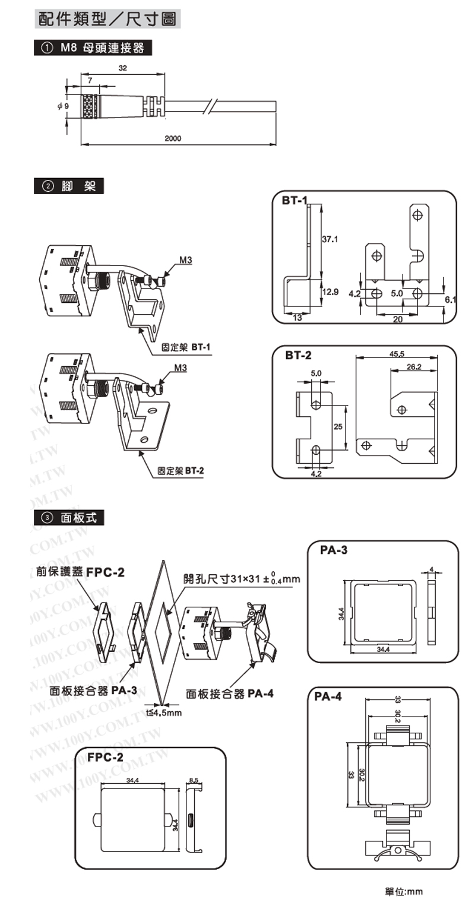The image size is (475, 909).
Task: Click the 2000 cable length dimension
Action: point(172,138)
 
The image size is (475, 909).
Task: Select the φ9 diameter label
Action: point(64,106)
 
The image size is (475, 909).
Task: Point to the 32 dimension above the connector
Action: point(123,69)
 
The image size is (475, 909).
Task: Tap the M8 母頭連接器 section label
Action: point(94,48)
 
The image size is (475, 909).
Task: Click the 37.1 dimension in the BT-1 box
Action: point(330,240)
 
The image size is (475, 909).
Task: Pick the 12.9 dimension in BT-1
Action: point(330,292)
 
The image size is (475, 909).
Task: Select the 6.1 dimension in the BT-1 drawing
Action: point(451,300)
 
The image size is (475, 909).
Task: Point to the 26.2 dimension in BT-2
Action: point(414,367)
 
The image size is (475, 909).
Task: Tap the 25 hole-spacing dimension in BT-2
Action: point(337,426)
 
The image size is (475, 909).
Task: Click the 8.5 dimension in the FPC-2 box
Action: point(194,780)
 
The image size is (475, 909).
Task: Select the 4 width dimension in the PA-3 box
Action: point(432,568)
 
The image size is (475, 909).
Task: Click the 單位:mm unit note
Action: point(404,891)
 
